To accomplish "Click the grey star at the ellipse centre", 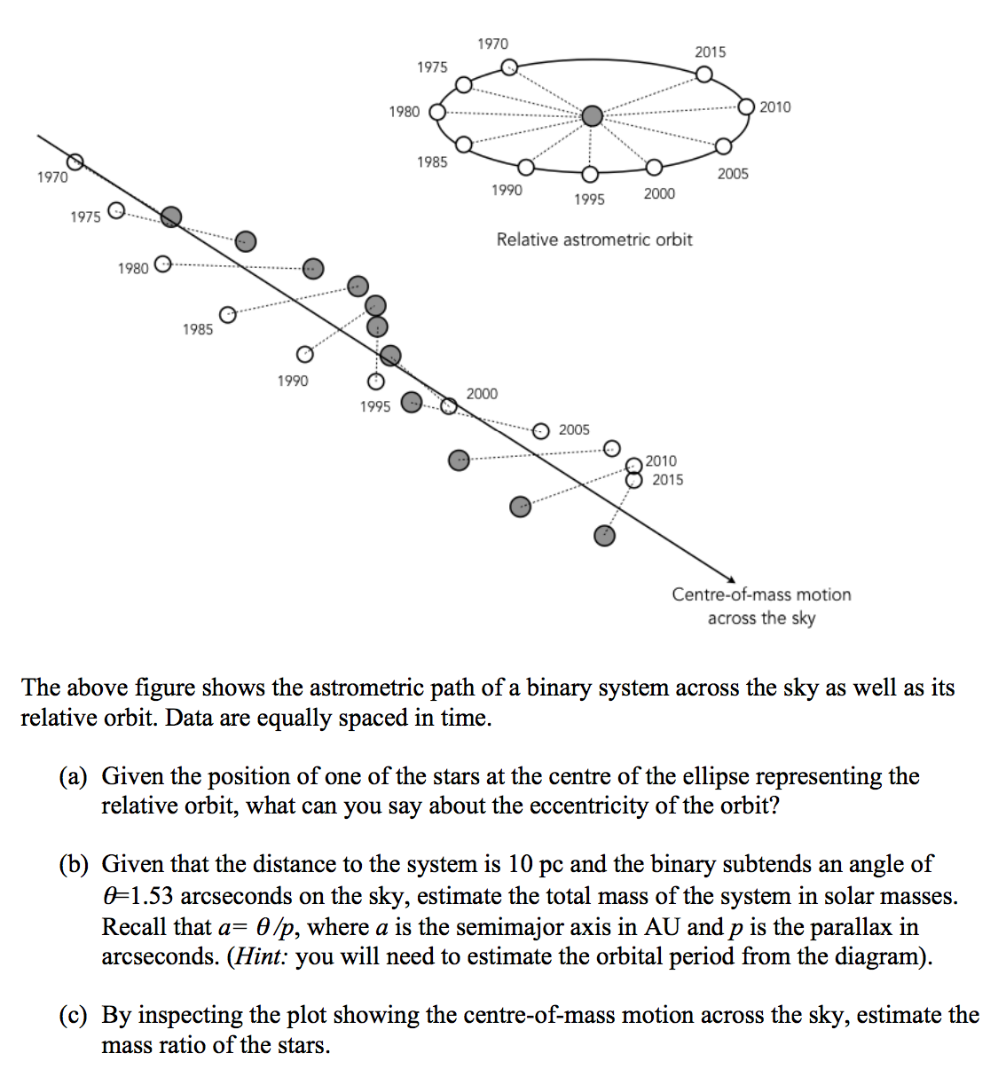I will pos(592,115).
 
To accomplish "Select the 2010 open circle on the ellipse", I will pos(746,106).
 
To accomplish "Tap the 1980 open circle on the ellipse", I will pos(437,112).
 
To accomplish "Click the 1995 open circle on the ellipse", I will pos(590,175).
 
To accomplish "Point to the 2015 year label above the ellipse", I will pos(710,51).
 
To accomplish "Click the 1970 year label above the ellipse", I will pos(492,43).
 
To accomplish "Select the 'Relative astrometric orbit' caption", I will pos(593,239).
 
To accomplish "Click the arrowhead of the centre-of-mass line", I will pos(728,578).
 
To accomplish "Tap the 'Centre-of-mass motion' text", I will pos(760,594).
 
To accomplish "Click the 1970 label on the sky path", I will pos(52,177).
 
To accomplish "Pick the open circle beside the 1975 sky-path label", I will pos(115,210).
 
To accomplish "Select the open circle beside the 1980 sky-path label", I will pos(162,263).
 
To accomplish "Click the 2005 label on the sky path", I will pos(573,429).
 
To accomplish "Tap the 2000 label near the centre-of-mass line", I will pos(482,393).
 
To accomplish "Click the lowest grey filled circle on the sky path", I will pos(604,535).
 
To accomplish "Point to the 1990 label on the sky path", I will pos(292,381).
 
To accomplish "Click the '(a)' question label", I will pos(73,776).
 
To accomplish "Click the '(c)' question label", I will pos(73,1015).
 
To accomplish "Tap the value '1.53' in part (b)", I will pos(152,896).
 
